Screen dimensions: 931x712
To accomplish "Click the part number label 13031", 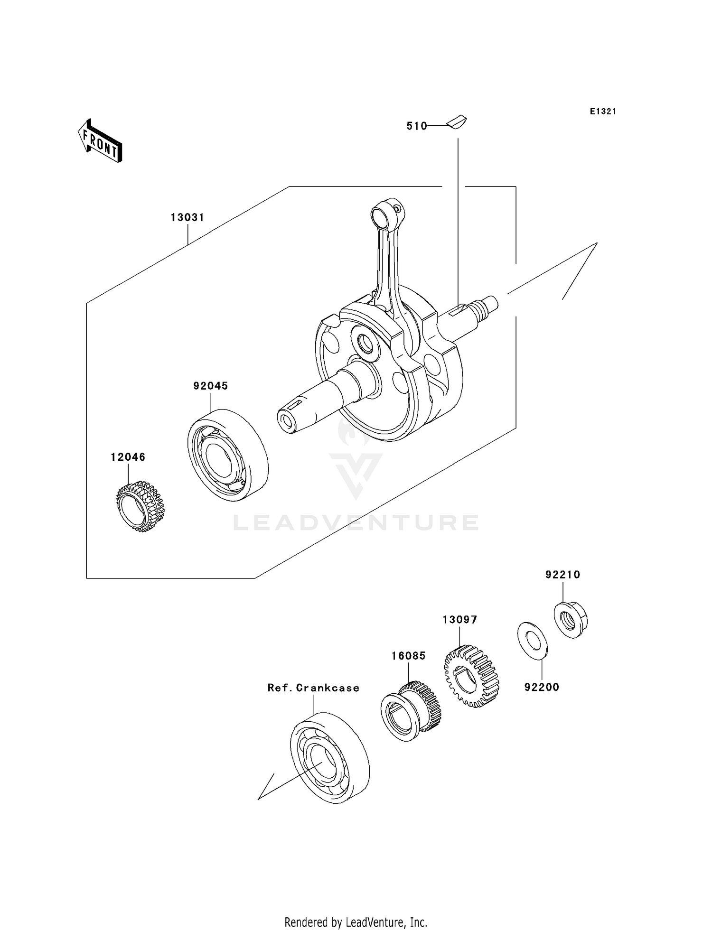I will tap(187, 218).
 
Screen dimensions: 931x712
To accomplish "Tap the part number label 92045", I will tap(210, 386).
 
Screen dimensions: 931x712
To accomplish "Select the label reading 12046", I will tap(128, 457).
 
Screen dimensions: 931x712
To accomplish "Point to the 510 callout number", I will tap(417, 126).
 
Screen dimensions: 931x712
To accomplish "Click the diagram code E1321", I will tap(603, 112).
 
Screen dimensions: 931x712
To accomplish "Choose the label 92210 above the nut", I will tap(562, 575).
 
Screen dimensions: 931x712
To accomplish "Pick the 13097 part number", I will tap(459, 620).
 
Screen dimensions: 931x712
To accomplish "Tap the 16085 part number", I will tap(408, 656).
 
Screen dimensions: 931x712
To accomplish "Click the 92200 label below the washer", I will tap(542, 687).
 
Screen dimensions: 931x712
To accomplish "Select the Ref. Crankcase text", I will tap(313, 688).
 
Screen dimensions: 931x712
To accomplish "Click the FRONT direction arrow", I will tap(100, 142).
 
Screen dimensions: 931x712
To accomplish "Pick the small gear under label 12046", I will tap(141, 506).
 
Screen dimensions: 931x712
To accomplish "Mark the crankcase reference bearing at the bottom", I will tap(329, 757).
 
